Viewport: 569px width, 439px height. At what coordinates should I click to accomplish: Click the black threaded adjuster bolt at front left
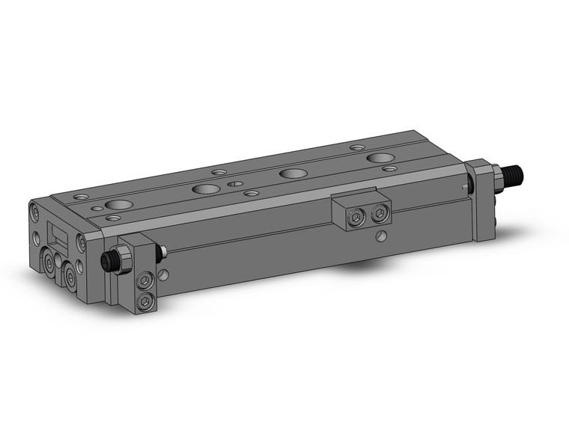click(x=109, y=261)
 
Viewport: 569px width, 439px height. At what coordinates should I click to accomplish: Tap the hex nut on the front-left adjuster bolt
click(x=124, y=259)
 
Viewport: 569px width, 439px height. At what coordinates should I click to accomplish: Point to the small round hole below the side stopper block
click(x=381, y=238)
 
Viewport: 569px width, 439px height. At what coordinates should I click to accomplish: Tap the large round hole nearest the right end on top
click(x=382, y=158)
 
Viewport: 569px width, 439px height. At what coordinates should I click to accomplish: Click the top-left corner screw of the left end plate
click(x=34, y=212)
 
